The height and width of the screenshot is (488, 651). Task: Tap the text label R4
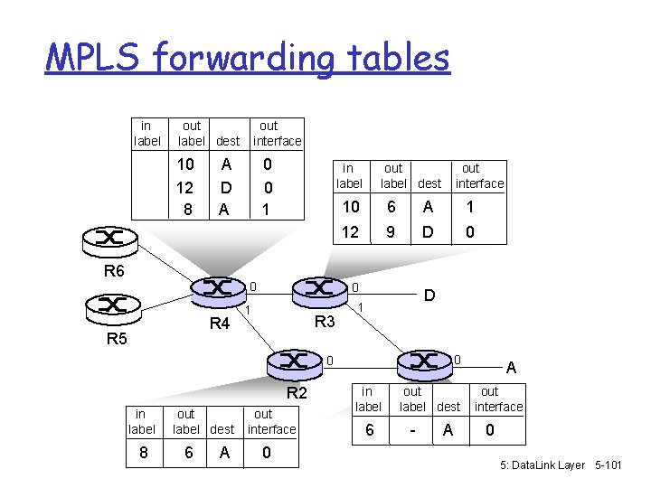coord(220,324)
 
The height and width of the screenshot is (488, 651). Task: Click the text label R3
coord(324,322)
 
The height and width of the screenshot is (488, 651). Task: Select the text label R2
coord(297,393)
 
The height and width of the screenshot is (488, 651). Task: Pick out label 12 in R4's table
coord(185,188)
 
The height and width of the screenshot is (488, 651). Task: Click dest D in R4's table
coord(226,188)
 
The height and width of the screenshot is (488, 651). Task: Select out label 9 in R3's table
coord(391,232)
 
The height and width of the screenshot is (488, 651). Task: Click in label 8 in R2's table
coord(142,452)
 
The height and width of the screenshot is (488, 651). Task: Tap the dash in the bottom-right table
coord(411,430)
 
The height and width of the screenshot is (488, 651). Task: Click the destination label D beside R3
coord(429,296)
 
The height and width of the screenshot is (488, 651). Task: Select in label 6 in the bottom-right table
coord(368,430)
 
